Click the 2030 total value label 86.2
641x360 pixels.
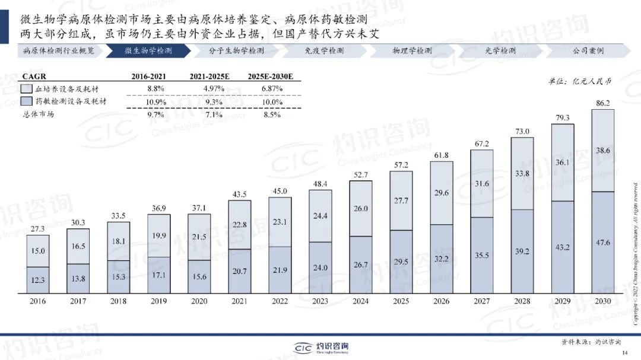click(602, 103)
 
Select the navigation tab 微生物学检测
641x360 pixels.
click(148, 51)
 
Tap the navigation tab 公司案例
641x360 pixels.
click(588, 51)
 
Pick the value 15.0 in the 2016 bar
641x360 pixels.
click(37, 251)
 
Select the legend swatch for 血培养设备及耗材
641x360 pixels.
click(27, 88)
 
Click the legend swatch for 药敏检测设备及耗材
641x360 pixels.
click(27, 101)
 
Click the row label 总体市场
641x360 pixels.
click(38, 114)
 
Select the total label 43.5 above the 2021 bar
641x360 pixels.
click(239, 195)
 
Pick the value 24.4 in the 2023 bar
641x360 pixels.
click(320, 216)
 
